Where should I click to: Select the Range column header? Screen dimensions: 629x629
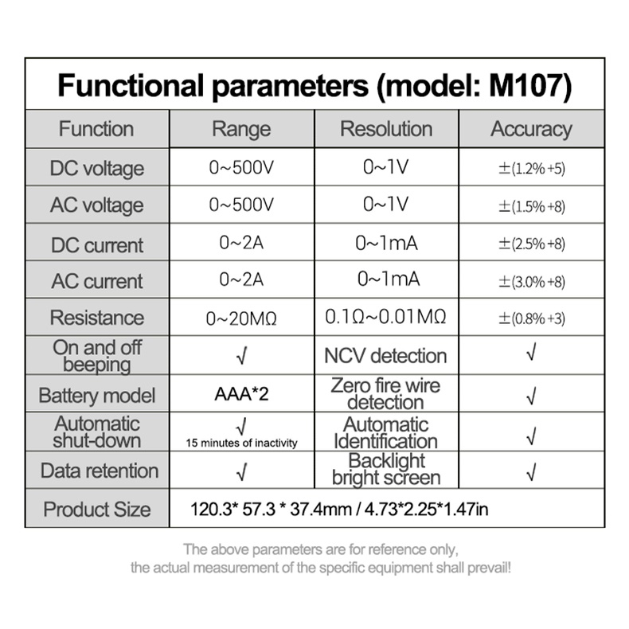241,130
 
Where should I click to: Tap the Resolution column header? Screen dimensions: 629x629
386,129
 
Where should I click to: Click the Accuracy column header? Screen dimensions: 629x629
532,130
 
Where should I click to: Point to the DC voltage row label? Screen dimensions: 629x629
97,169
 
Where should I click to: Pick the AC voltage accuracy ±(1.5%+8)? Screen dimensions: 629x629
532,206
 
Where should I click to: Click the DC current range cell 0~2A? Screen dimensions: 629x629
241,243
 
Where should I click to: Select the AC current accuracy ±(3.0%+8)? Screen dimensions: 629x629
532,282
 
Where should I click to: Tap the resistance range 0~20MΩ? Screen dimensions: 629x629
241,318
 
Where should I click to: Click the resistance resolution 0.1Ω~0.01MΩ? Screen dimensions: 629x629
385,317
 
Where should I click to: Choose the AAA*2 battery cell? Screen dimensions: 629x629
241,394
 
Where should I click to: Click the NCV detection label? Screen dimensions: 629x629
385,356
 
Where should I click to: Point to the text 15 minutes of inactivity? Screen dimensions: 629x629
241,443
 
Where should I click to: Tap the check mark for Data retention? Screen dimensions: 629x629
241,471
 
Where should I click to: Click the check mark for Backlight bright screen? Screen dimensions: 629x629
531,471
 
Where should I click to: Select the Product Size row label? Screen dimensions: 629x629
97,510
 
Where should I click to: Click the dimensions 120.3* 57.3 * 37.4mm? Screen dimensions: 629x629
271,510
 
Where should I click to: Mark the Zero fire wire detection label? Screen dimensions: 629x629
385,394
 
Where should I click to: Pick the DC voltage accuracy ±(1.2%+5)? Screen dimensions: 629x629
532,169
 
